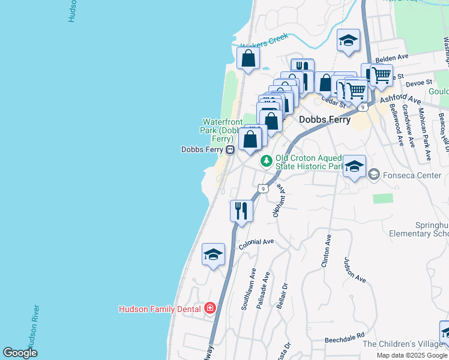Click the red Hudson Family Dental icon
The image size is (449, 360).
(x=209, y=308)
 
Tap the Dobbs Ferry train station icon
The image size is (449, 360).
(x=230, y=149)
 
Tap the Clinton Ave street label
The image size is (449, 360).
(x=327, y=251)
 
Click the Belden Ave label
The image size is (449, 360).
(x=391, y=58)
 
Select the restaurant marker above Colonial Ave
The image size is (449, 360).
(x=241, y=211)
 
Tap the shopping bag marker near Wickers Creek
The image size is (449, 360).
(x=248, y=59)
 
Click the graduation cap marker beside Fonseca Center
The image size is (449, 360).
(x=354, y=166)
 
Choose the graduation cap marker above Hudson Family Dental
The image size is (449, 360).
(x=213, y=254)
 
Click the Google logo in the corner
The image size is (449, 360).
(x=20, y=353)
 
